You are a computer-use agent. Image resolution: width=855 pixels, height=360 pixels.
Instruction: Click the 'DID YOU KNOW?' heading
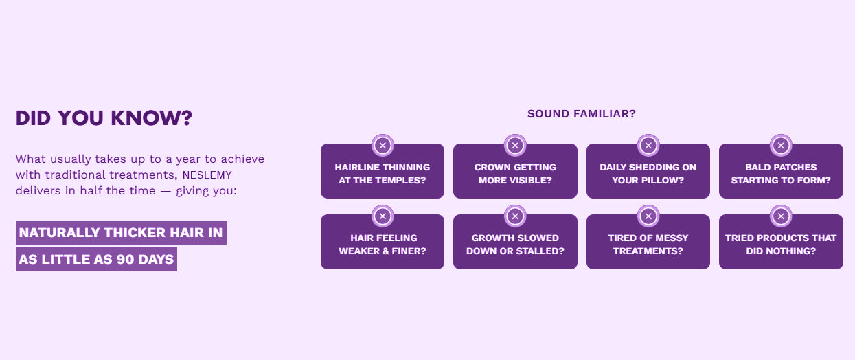(104, 118)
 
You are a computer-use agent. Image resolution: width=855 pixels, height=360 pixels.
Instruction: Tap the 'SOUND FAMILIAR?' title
(581, 114)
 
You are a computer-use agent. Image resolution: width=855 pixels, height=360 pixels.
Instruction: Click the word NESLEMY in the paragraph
(207, 175)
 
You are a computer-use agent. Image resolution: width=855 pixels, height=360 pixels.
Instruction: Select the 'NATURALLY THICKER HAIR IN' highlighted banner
(121, 232)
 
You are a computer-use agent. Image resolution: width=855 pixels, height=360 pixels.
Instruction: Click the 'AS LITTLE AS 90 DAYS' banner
(96, 259)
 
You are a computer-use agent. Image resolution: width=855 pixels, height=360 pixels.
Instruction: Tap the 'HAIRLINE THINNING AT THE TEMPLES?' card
(383, 171)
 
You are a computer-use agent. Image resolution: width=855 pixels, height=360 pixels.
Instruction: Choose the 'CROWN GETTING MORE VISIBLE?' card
(515, 171)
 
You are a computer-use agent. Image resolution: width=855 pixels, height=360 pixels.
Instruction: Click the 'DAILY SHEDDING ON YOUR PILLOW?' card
(648, 171)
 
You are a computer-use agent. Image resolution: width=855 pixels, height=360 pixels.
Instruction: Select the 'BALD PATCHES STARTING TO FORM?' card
(781, 171)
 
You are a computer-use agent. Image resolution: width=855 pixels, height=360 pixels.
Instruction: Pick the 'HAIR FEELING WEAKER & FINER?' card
(383, 242)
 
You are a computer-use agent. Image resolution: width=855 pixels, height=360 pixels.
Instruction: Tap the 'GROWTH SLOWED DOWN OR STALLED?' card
(515, 242)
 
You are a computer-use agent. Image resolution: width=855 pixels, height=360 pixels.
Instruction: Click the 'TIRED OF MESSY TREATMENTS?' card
(648, 242)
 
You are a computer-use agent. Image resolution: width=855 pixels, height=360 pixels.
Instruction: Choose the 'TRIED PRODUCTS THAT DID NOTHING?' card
(781, 242)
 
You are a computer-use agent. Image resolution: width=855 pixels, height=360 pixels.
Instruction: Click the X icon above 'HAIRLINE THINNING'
(383, 146)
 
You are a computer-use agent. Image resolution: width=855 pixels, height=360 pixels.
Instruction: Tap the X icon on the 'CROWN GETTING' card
(515, 146)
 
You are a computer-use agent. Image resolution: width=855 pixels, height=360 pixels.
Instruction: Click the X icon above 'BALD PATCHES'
(781, 146)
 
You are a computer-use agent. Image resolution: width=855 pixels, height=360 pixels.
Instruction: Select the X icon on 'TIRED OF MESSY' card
(648, 216)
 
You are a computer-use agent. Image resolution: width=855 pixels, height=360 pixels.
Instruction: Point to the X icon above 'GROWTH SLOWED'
(515, 216)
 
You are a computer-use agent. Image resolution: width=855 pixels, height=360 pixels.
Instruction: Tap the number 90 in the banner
(125, 260)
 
